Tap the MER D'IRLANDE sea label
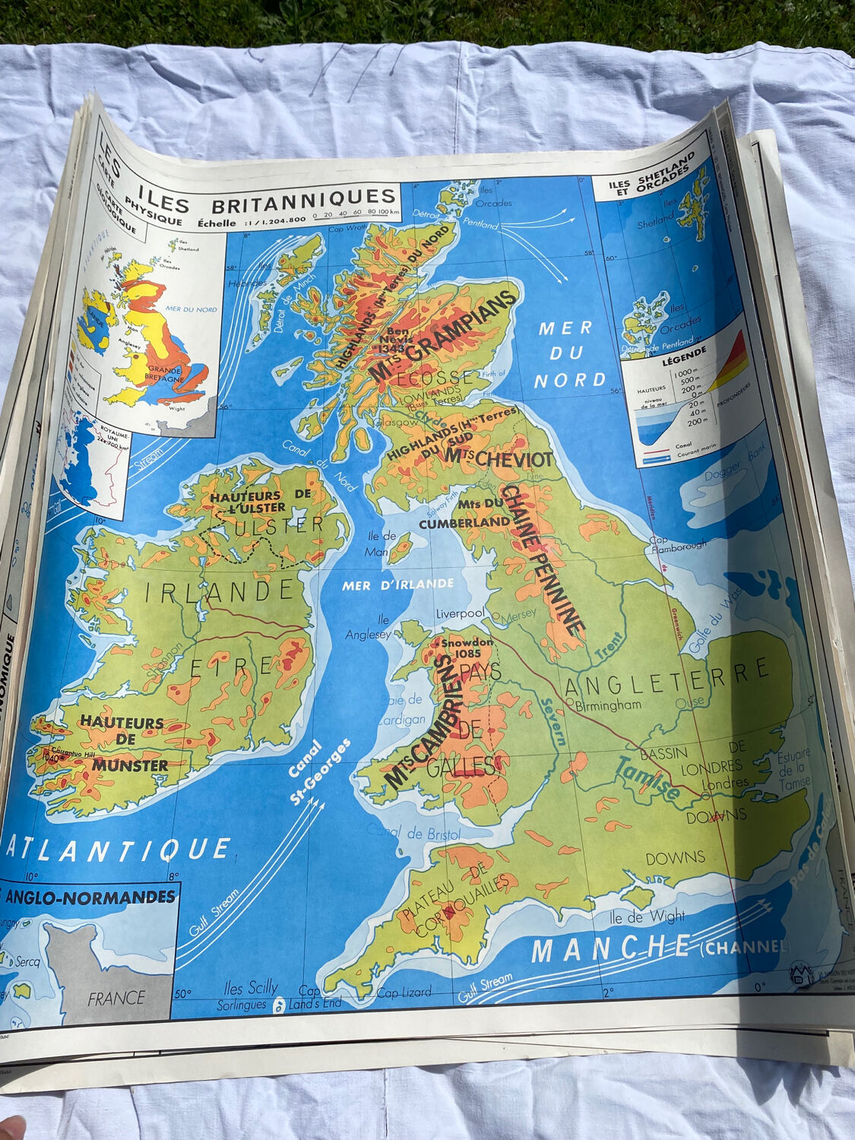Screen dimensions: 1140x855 point(397,584)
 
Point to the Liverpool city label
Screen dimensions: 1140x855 point(460,613)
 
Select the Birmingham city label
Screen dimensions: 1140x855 point(609,705)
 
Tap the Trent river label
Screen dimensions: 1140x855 point(608,645)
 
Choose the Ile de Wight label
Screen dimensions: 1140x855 point(647,917)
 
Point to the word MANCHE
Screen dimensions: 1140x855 point(610,948)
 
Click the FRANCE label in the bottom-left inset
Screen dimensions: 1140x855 point(116,998)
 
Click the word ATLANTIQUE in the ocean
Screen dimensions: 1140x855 point(118,849)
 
